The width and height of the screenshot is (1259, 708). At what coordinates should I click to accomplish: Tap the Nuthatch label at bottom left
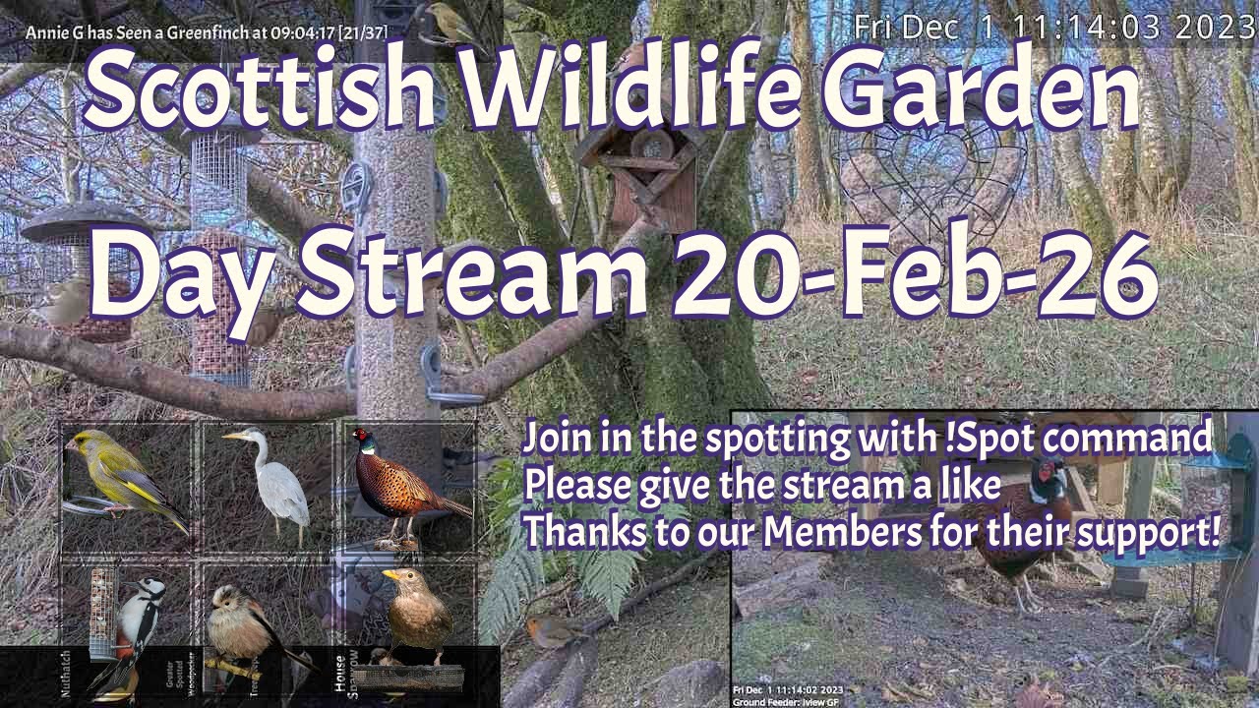[x=66, y=673]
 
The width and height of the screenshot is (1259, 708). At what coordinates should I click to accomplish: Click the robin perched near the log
[x=547, y=630]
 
